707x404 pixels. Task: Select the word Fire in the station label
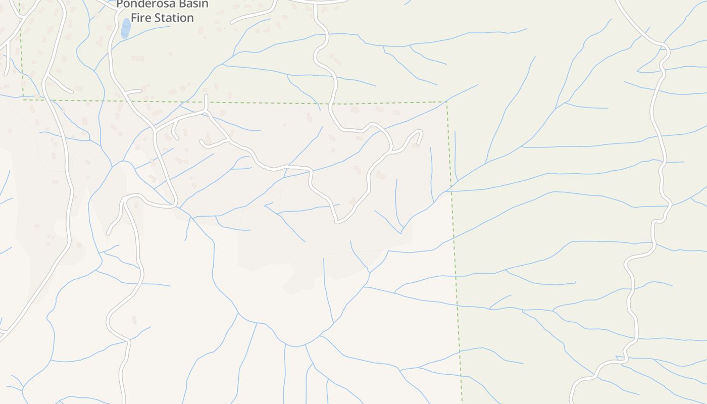point(141,18)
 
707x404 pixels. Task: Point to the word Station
point(174,18)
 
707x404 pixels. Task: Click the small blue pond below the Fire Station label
point(125,28)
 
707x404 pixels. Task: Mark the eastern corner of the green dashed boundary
point(446,102)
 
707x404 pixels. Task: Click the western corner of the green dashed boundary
point(23,99)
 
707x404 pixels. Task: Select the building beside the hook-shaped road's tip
point(416,145)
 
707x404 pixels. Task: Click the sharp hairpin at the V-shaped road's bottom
point(337,221)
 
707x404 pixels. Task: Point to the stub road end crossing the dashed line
point(206,95)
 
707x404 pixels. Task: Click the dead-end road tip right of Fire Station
point(232,23)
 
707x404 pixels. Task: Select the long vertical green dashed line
point(454,252)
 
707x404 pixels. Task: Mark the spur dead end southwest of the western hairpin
point(108,233)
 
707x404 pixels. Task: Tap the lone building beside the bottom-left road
point(134,320)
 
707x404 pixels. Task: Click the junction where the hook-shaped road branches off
point(391,149)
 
